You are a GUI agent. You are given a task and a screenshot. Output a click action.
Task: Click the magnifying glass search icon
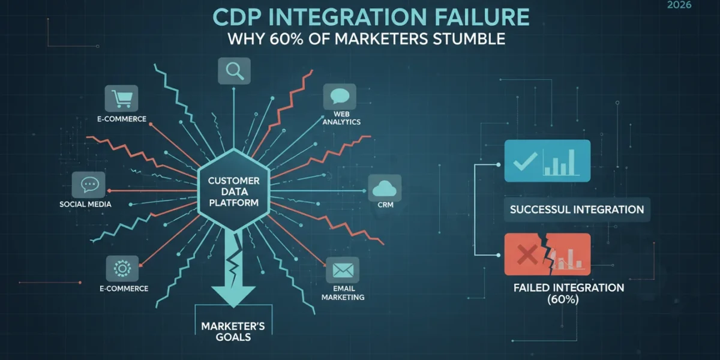[235, 71]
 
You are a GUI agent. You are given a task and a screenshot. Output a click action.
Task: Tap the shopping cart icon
[121, 98]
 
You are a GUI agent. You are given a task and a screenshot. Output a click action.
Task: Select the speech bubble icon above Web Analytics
[340, 97]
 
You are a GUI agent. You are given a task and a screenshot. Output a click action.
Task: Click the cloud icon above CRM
[385, 188]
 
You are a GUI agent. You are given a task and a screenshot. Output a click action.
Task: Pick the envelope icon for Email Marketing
[343, 270]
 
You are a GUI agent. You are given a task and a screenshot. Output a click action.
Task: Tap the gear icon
[122, 269]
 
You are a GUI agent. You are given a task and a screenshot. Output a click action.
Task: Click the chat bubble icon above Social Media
[88, 185]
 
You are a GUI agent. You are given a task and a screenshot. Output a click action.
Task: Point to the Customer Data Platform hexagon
[233, 191]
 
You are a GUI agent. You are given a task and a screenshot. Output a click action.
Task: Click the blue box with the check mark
[547, 161]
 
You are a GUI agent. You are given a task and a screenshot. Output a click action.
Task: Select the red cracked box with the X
[547, 254]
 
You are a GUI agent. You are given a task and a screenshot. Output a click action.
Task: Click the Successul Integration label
[577, 209]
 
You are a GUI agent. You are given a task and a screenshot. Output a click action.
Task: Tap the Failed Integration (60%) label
[569, 293]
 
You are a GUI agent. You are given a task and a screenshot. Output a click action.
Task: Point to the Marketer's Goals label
[233, 331]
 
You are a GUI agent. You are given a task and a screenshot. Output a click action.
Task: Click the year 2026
[679, 5]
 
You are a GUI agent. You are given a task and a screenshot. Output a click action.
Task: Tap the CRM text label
[385, 205]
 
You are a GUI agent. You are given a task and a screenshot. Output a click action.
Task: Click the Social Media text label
[85, 205]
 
